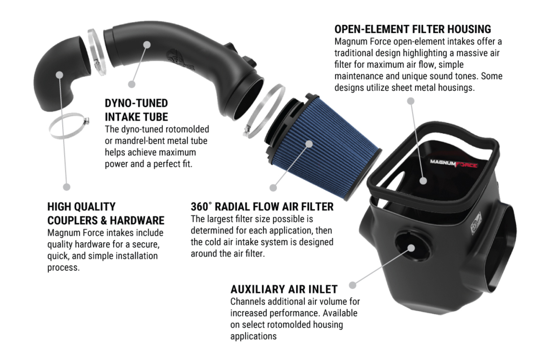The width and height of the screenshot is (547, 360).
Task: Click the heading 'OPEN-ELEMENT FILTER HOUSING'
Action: [412, 29]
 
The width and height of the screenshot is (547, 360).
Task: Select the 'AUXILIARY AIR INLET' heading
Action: [284, 289]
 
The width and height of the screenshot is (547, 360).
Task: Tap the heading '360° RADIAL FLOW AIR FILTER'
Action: [262, 207]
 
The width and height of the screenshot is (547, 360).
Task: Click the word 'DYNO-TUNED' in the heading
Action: [136, 103]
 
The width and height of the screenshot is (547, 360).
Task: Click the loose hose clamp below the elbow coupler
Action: [68, 126]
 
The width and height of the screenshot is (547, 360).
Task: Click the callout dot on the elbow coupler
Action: [59, 75]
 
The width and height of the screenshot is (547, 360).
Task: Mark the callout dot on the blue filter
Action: [309, 144]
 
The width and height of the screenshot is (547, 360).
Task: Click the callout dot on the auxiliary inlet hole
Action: [411, 248]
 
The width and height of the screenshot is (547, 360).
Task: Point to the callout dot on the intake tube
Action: [147, 45]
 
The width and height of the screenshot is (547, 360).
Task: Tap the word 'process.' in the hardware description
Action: [63, 267]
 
